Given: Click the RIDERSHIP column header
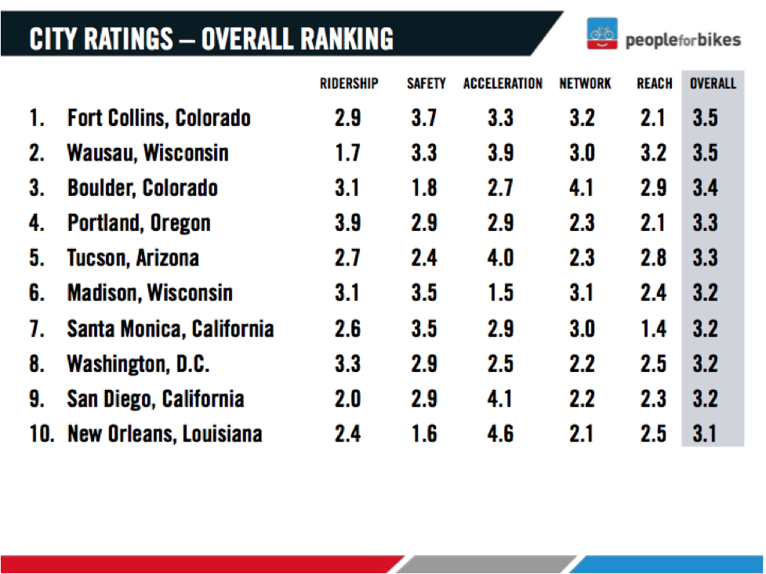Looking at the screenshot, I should click(x=348, y=84).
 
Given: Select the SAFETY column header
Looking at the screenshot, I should click(x=426, y=84).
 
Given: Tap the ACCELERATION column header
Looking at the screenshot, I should click(x=503, y=84).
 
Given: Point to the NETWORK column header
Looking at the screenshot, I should click(x=585, y=84).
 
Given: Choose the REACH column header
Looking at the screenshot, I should click(x=654, y=84).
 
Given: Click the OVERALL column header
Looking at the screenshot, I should click(x=713, y=84).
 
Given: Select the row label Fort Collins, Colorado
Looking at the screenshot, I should click(x=159, y=118).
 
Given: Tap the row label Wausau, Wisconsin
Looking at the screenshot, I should click(x=147, y=153).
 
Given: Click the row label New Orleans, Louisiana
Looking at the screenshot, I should click(x=165, y=433).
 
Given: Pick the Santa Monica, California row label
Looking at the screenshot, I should click(x=170, y=328).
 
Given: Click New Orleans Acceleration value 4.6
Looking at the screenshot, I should click(x=500, y=433).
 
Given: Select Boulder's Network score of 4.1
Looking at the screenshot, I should click(x=581, y=188).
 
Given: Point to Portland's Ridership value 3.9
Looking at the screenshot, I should click(x=347, y=223).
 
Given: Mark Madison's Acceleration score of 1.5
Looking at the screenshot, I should click(x=500, y=293).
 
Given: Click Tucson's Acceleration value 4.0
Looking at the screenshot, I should click(x=500, y=258).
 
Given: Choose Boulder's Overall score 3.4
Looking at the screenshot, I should click(x=705, y=188).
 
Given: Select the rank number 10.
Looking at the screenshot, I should click(x=41, y=433).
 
